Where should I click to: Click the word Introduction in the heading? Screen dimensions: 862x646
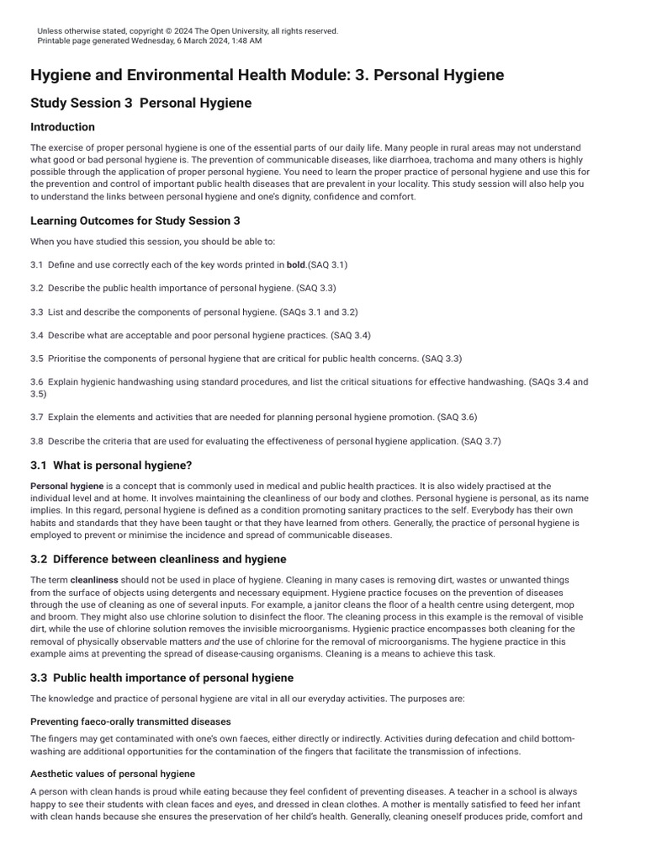tap(62, 127)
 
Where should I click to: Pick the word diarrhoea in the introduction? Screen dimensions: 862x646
tap(400, 160)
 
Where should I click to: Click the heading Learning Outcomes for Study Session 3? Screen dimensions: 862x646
tap(135, 221)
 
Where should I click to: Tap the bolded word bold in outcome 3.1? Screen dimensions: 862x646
tap(295, 264)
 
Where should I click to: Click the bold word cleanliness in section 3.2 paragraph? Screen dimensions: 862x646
tap(94, 580)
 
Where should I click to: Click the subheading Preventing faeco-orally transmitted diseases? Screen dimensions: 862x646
tap(130, 721)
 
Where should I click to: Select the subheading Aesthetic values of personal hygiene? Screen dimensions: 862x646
tap(113, 774)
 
